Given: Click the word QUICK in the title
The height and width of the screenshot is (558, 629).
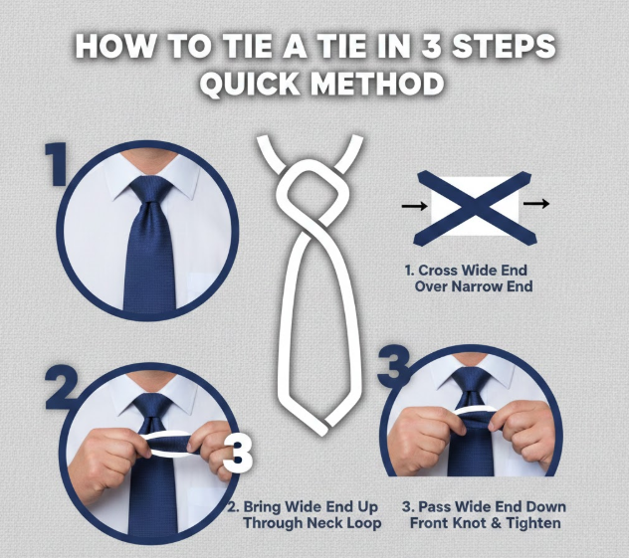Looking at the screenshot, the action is (250, 84).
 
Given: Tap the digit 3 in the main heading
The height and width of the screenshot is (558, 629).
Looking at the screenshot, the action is (434, 46).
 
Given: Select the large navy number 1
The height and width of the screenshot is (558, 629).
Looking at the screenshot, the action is (57, 164).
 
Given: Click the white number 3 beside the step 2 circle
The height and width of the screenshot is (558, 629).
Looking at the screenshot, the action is (238, 454).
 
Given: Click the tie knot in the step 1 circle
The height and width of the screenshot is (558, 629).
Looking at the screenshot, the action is (151, 191).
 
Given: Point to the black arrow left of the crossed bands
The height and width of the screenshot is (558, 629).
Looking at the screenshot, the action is (414, 206).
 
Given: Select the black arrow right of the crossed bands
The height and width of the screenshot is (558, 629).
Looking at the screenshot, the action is (536, 204).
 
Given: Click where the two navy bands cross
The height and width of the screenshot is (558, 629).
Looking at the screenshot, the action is (475, 207).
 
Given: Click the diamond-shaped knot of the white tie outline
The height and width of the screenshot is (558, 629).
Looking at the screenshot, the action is (309, 193).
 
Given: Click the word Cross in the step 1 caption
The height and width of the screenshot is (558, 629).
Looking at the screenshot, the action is (438, 271).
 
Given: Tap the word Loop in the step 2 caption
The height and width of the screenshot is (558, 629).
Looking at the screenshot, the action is (364, 523).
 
